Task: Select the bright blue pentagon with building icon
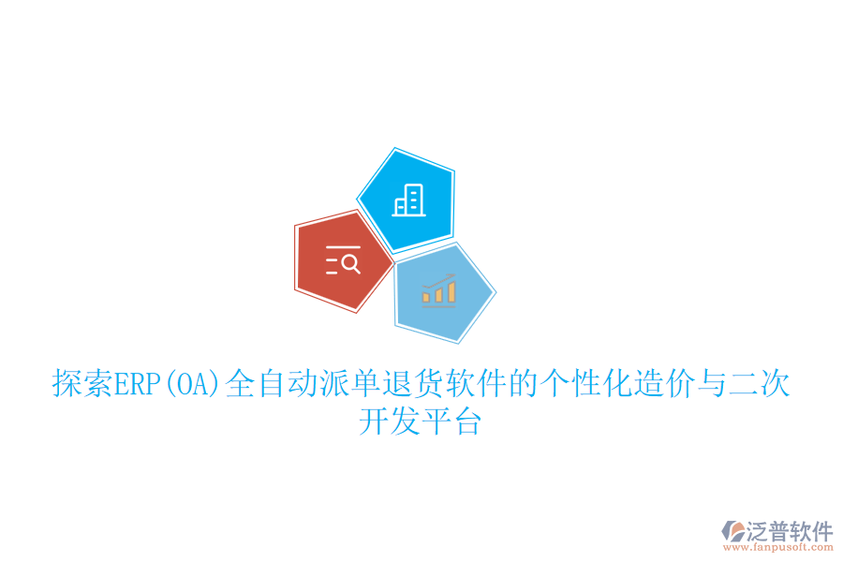coord(407,199)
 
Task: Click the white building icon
coord(408,200)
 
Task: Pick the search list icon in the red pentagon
coord(343,259)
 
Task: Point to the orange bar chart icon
coord(438,290)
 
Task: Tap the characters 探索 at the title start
coord(82,384)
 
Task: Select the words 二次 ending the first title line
coord(760,384)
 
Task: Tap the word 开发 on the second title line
coord(389,422)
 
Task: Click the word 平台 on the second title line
coord(452,422)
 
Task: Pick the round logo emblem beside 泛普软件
coord(732,532)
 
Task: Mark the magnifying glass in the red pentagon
coord(351,262)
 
